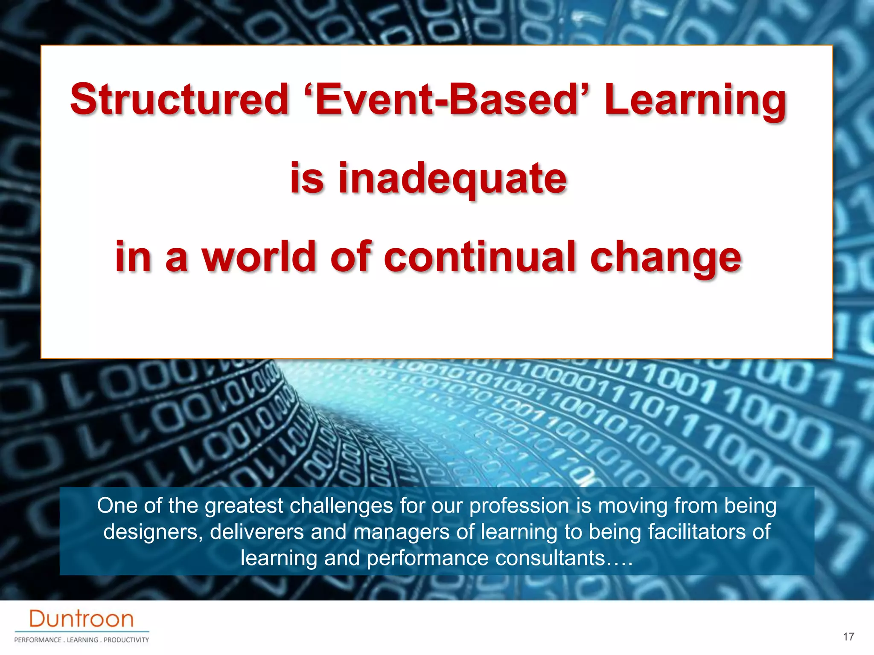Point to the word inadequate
(x=452, y=179)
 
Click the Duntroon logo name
(x=82, y=619)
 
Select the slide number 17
(x=848, y=637)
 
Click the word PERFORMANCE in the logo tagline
(x=38, y=640)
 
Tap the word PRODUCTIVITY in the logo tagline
(x=126, y=640)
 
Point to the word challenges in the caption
(x=341, y=506)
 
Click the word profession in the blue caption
(x=519, y=506)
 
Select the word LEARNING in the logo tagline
(x=82, y=640)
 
